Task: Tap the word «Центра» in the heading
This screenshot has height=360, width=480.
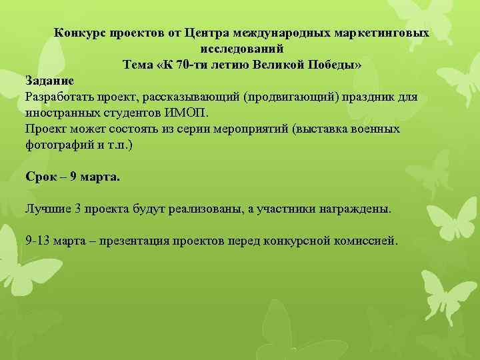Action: tap(206, 33)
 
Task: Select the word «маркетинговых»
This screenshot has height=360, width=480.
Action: tap(383, 33)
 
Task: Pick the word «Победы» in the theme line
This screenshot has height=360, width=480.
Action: tap(336, 65)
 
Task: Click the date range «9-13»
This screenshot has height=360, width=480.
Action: tap(37, 241)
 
